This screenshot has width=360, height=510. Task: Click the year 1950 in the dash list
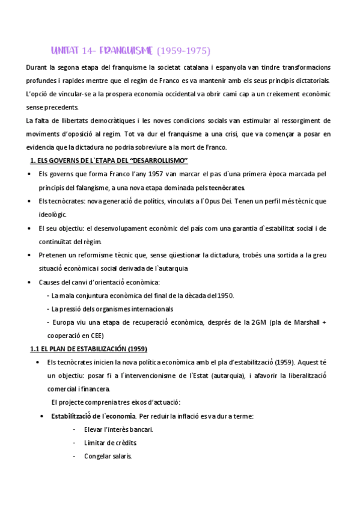224,295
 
